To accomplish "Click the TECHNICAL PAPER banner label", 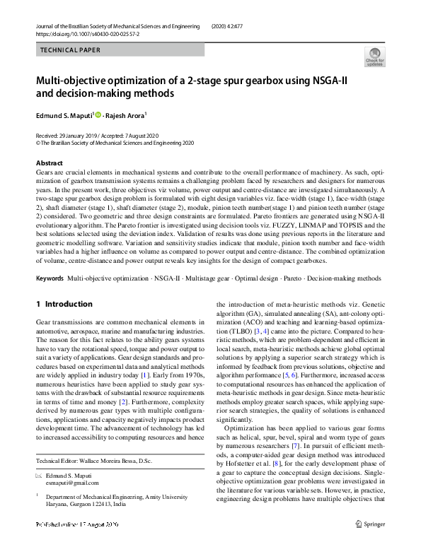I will tap(71, 50).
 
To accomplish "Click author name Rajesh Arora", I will tap(125, 115).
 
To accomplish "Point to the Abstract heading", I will tap(49, 163).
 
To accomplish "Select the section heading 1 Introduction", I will tap(64, 305).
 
